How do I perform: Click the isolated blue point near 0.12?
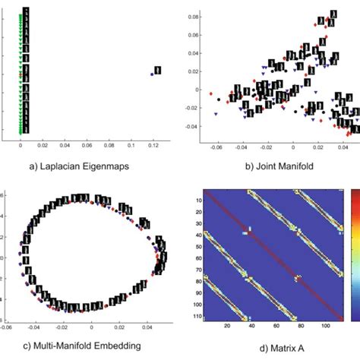tap(152, 74)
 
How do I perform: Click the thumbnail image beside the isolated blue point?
tap(158, 70)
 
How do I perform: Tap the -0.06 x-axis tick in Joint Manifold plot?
tap(218, 143)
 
